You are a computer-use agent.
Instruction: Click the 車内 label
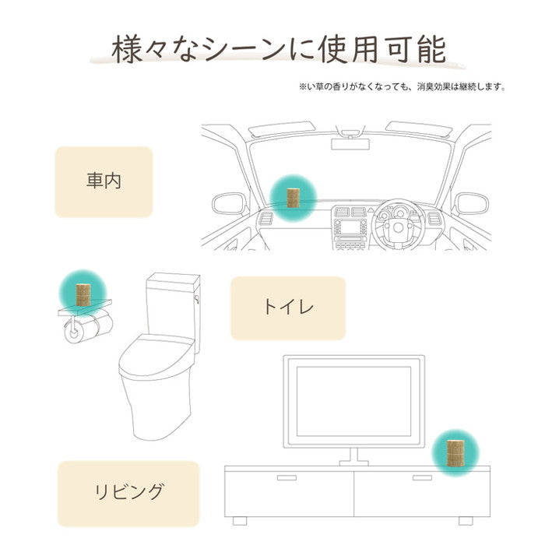(x=104, y=181)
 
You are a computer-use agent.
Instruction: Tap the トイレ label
(x=288, y=308)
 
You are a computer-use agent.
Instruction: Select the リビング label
(x=128, y=492)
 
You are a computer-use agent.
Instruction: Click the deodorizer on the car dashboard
(x=294, y=198)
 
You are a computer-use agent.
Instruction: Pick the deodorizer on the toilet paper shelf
(x=83, y=295)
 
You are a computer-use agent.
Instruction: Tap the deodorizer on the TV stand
(x=455, y=453)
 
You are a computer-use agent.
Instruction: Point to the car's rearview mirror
(x=350, y=144)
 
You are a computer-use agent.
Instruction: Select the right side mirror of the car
(x=472, y=204)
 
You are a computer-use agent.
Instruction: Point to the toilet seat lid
(x=156, y=354)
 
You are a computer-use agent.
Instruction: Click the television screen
(x=353, y=402)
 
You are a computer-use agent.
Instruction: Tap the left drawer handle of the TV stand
(x=287, y=477)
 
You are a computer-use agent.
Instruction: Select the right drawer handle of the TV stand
(x=422, y=477)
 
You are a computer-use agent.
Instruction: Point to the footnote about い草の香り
(x=403, y=86)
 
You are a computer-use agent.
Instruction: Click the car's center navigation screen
(x=350, y=227)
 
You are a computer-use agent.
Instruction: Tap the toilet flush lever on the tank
(x=197, y=299)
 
